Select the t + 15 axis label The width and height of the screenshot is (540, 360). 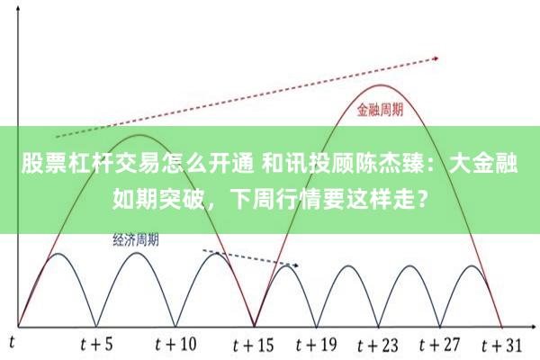(254, 344)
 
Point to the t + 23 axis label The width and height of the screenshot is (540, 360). (376, 344)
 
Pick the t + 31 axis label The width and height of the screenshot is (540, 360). (501, 344)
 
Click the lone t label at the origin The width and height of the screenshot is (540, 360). (13, 342)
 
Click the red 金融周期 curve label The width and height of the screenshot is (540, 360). (379, 112)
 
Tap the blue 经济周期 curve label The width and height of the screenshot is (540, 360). (137, 239)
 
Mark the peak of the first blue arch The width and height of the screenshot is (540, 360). (57, 254)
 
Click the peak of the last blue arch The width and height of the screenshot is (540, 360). (470, 265)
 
